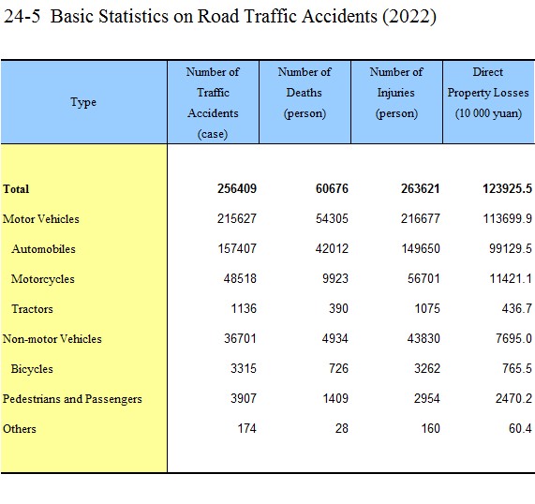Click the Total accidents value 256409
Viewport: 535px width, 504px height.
237,188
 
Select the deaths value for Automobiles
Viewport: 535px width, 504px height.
332,248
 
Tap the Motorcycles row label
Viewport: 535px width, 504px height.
43,279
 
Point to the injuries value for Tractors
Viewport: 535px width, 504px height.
427,308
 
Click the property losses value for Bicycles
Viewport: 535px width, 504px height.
517,368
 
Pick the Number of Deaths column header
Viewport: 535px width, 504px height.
305,93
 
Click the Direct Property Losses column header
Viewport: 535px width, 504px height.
488,93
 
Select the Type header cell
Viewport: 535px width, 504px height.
83,102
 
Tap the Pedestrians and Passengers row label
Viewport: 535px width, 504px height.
72,399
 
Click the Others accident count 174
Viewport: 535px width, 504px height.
246,428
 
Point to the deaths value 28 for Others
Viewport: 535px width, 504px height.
342,428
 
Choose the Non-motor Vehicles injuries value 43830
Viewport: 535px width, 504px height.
424,338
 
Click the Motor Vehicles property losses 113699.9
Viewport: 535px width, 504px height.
508,218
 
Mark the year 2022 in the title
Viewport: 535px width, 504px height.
409,16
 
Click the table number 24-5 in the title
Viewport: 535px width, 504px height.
22,16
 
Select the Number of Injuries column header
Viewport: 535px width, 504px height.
396,93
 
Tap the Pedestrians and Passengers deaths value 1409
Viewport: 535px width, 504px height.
335,398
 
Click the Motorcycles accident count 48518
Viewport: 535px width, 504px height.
240,278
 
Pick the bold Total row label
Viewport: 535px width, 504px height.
16,189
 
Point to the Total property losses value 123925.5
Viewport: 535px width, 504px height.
508,188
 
